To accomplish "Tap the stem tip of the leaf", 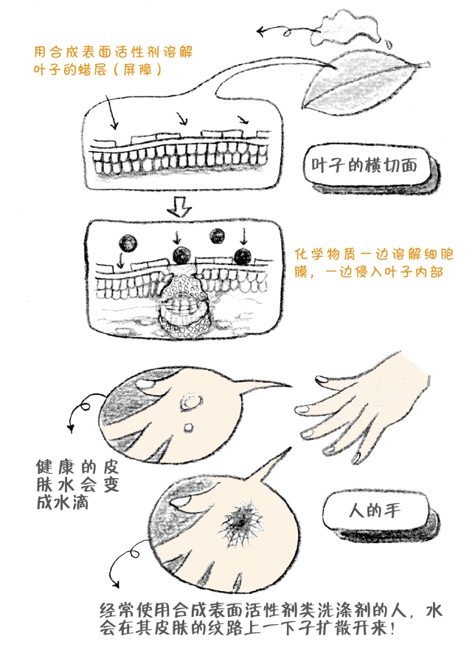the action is coord(428,63).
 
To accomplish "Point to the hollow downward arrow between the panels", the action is coord(179,207).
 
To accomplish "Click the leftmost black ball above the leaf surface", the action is coord(128,243).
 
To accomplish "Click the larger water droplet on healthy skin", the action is coord(190,402).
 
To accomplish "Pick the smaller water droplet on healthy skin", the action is coord(189,427).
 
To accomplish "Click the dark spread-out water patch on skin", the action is coord(242,519).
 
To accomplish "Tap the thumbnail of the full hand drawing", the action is coord(322,380).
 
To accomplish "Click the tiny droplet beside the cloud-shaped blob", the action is coord(389,42).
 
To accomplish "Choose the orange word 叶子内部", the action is coord(412,272).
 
